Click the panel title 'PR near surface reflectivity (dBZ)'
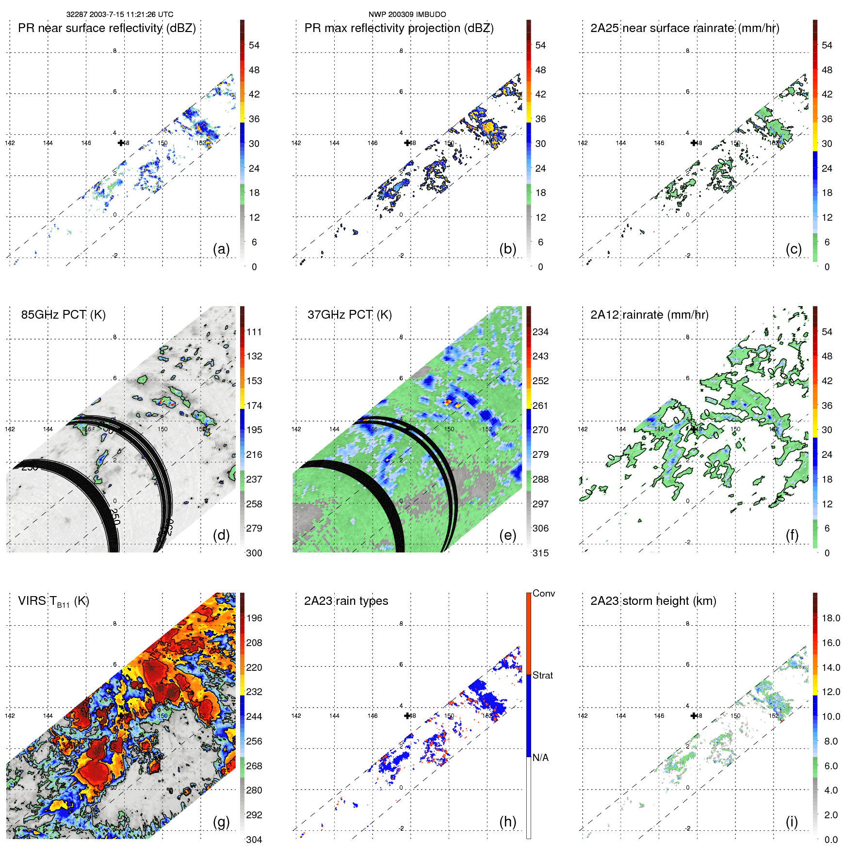(107, 28)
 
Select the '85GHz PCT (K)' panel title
(63, 315)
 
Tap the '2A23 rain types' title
(346, 601)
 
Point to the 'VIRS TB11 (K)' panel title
(53, 601)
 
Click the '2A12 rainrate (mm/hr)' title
(649, 315)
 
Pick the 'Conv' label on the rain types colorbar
(543, 593)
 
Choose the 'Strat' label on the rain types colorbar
(542, 675)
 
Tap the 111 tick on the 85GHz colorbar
(254, 332)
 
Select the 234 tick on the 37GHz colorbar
(540, 332)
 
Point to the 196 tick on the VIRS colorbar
(254, 618)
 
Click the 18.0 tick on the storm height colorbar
(831, 618)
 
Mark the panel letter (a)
(221, 249)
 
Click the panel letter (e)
(507, 535)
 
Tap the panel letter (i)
(792, 822)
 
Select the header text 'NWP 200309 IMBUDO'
(407, 15)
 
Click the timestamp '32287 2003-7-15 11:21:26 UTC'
(120, 15)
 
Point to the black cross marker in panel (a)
(121, 143)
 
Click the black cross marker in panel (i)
(694, 715)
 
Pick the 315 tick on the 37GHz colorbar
(540, 553)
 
